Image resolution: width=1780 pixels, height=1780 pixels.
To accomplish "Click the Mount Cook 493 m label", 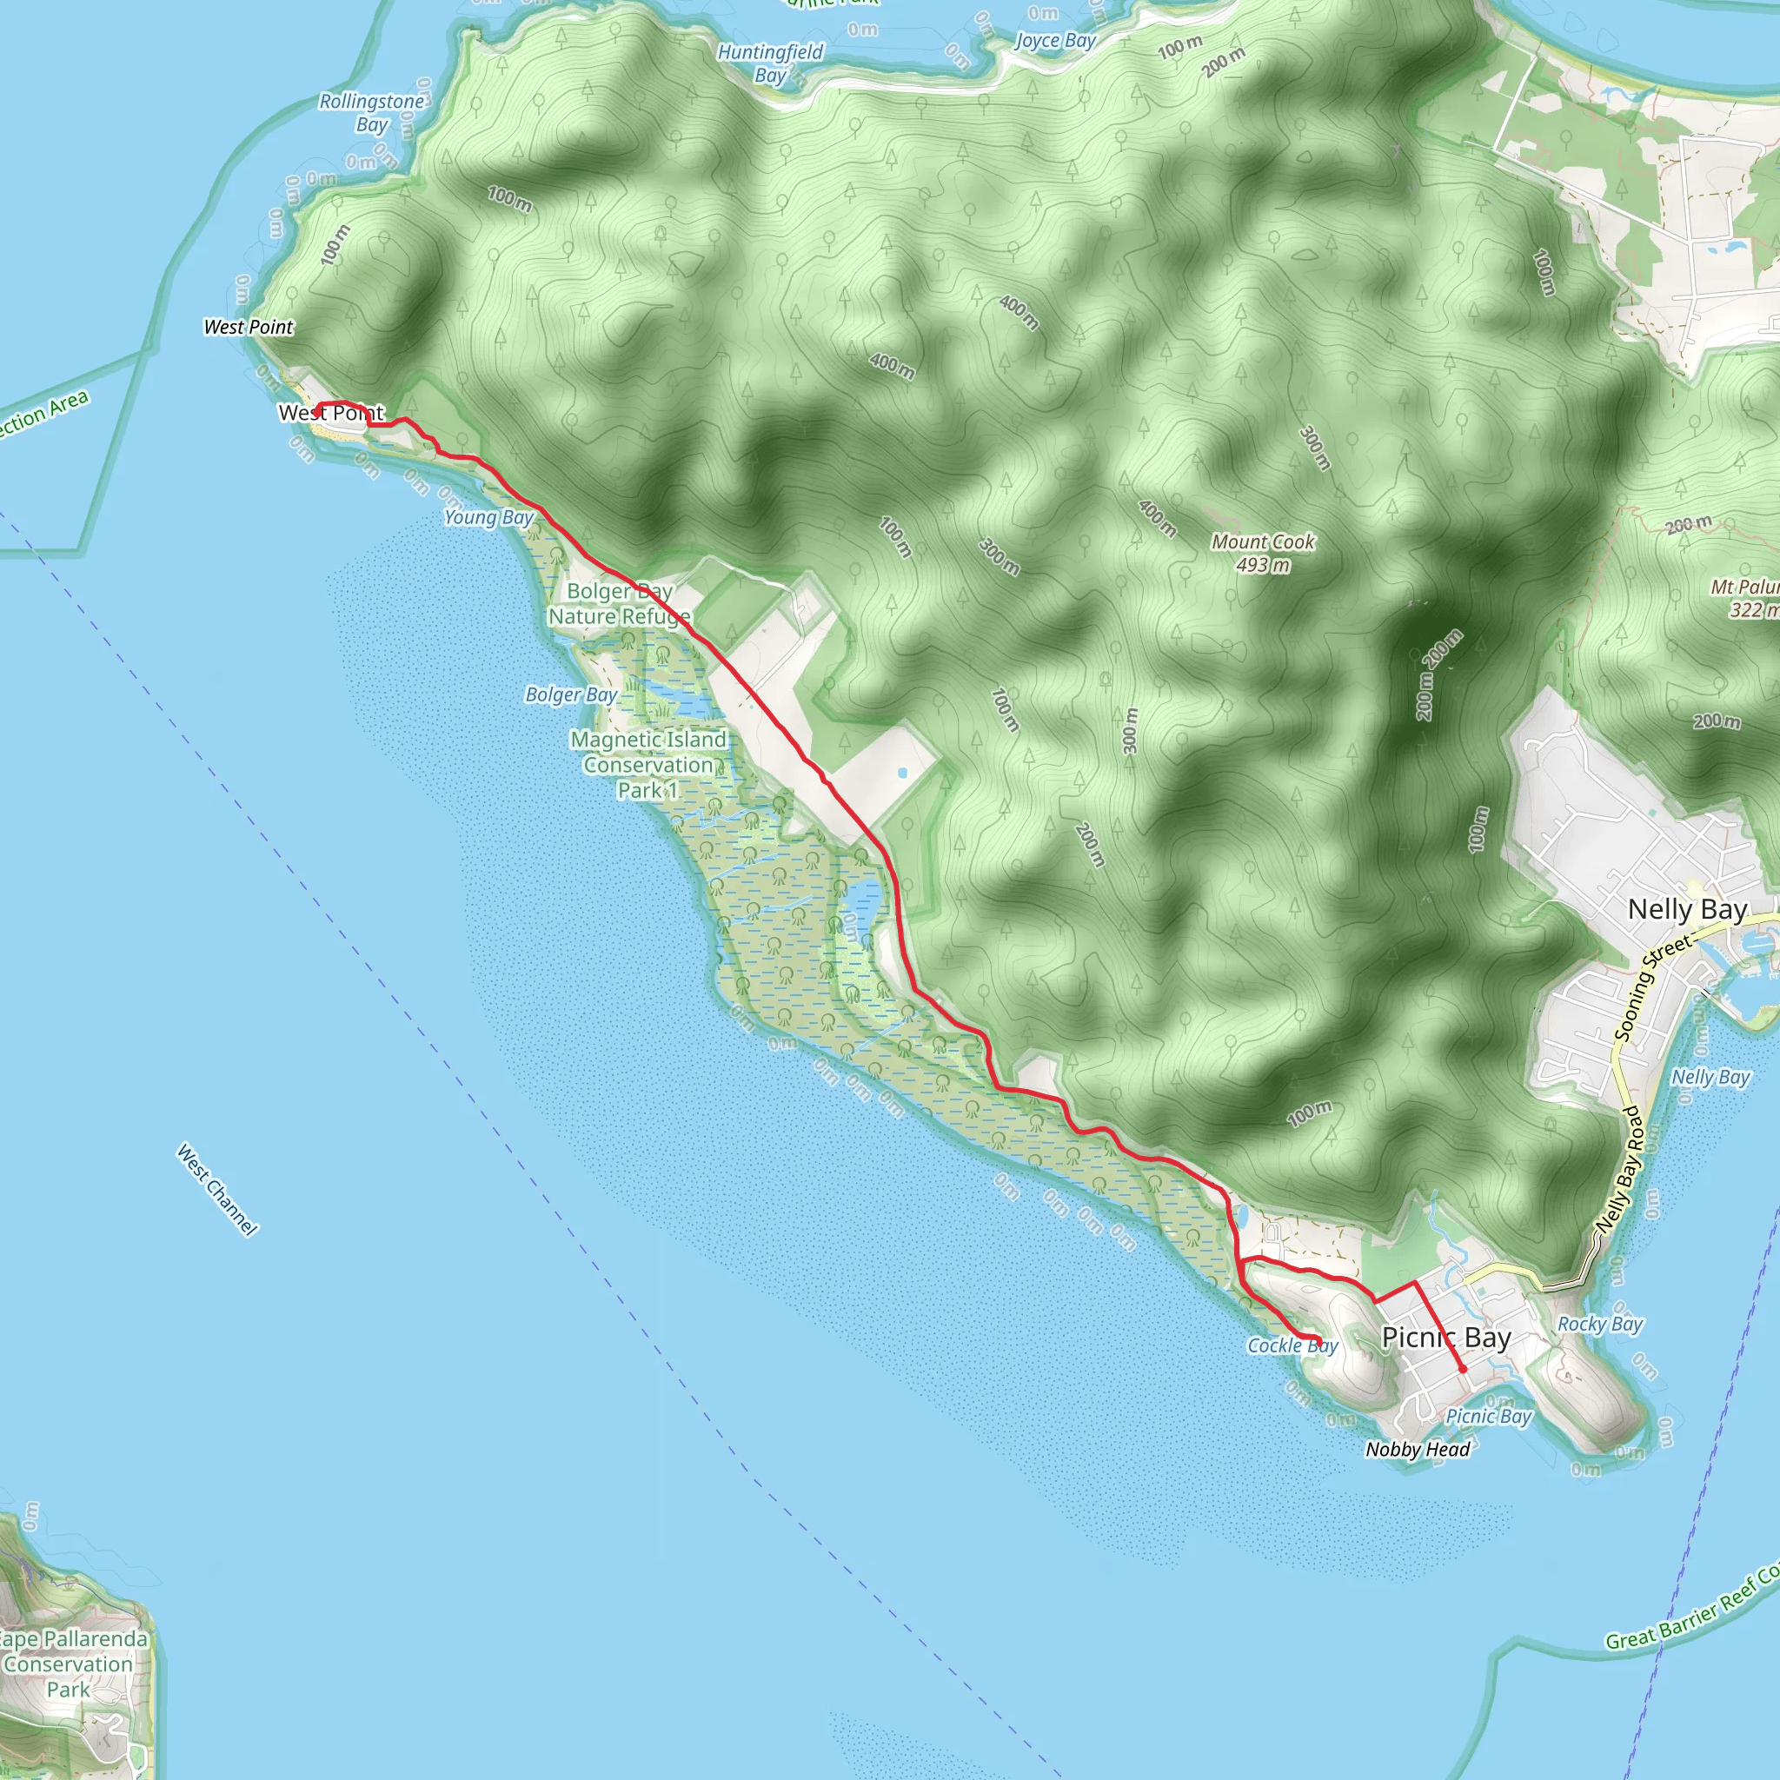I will tap(1262, 553).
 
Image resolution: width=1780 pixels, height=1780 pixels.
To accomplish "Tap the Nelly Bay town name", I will tap(1687, 909).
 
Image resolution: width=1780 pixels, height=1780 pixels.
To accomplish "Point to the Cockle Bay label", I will tap(1292, 1346).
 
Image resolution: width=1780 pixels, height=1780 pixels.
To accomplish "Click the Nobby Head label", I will tap(1417, 1451).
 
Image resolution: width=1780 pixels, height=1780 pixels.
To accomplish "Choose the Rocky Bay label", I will tap(1599, 1324).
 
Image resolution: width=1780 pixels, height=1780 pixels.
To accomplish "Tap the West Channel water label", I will tap(217, 1190).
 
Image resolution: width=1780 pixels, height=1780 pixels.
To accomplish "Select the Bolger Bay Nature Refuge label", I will tap(619, 603).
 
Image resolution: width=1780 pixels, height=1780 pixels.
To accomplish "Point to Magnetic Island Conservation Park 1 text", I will tap(648, 765).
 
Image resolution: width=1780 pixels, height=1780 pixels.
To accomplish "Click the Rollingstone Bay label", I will tap(372, 112).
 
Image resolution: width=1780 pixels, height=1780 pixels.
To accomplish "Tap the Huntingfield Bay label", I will tap(770, 63).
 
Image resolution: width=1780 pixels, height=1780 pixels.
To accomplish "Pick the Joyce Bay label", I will tap(1055, 41).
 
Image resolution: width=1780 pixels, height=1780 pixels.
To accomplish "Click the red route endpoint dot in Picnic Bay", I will tap(1462, 1369).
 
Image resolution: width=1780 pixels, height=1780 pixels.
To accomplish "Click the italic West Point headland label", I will tap(248, 327).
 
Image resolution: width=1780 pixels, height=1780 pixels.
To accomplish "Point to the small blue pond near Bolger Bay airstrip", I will tap(902, 773).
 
